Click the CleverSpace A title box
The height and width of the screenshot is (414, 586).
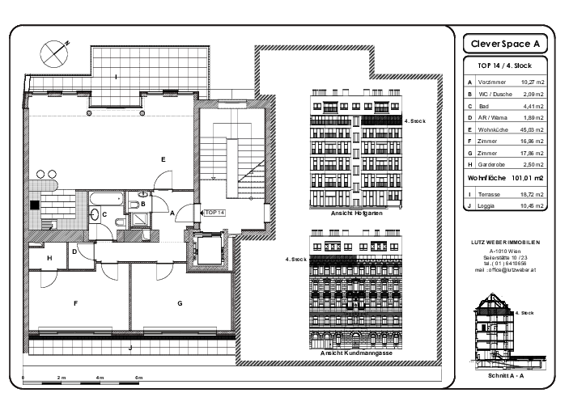[x=504, y=43]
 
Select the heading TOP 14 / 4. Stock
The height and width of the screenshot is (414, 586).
[x=504, y=65]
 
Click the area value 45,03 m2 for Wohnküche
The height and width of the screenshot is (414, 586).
[x=532, y=128]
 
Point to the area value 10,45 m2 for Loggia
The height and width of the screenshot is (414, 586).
[x=532, y=206]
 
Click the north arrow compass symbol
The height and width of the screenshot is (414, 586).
[x=54, y=54]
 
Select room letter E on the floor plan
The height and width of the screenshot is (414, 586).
[x=163, y=160]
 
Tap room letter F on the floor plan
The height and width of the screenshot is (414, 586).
[x=75, y=303]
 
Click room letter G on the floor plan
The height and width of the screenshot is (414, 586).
[x=180, y=303]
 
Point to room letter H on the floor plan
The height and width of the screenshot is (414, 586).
[x=49, y=258]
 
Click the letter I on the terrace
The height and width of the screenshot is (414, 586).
[x=117, y=77]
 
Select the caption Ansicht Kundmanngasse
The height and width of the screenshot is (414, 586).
[x=357, y=353]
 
